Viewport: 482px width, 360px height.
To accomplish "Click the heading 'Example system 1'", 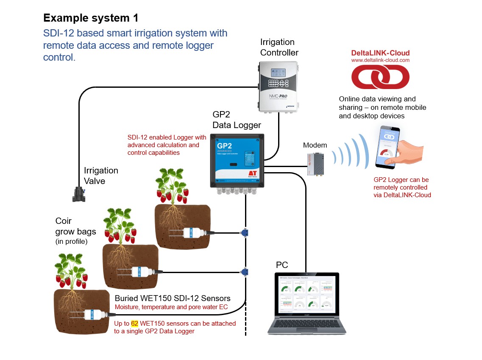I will click(91, 18).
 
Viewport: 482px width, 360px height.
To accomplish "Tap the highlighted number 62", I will click(135, 324).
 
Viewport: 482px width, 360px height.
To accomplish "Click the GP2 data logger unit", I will click(237, 161).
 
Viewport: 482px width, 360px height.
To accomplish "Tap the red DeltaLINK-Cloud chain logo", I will click(380, 77).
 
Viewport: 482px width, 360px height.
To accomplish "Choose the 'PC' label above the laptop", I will click(282, 265).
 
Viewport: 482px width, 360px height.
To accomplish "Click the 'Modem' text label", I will click(315, 145).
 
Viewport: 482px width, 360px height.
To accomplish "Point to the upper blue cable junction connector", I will click(245, 232).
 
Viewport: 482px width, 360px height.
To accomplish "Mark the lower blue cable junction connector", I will click(245, 271).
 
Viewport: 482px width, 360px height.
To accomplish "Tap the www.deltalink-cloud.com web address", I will click(380, 60).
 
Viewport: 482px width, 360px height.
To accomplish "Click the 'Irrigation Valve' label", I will click(100, 176).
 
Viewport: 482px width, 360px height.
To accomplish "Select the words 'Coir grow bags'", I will click(76, 226).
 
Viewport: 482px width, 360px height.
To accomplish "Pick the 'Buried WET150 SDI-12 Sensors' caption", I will click(173, 298).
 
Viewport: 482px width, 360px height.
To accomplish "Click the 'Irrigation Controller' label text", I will click(279, 47).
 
